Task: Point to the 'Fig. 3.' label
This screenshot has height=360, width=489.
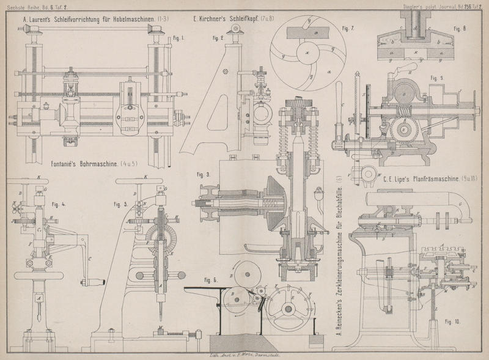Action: (x=204, y=174)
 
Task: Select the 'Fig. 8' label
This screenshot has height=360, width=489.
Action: (x=460, y=29)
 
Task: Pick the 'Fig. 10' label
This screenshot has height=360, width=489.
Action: (x=453, y=320)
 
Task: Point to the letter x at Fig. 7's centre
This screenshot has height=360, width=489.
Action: (x=307, y=53)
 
